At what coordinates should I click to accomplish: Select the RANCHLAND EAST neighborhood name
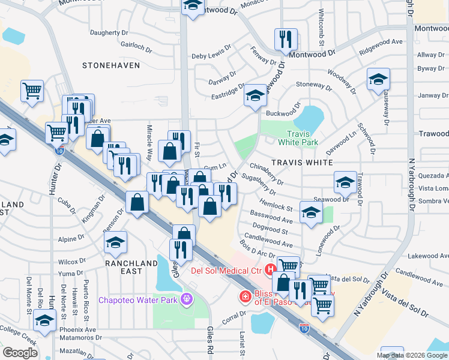tap(131, 267)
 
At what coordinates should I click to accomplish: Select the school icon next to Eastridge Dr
tap(255, 95)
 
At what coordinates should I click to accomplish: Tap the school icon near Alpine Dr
tap(116, 242)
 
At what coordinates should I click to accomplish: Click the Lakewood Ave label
tap(427, 256)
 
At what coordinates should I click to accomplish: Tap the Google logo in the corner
tap(20, 353)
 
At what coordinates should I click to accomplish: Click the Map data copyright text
tap(412, 355)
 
